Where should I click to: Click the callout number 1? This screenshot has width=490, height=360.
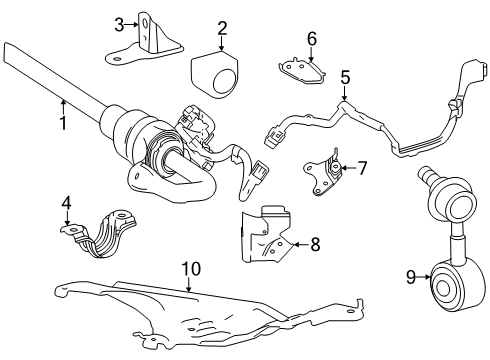coord(63,125)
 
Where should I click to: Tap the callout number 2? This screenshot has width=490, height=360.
coord(223,29)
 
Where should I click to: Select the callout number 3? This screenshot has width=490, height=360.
coord(118,25)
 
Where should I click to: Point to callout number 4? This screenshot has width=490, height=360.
coord(66,204)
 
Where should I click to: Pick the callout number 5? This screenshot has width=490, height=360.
coord(345,76)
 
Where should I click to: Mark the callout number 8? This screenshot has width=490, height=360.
coord(315,241)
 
